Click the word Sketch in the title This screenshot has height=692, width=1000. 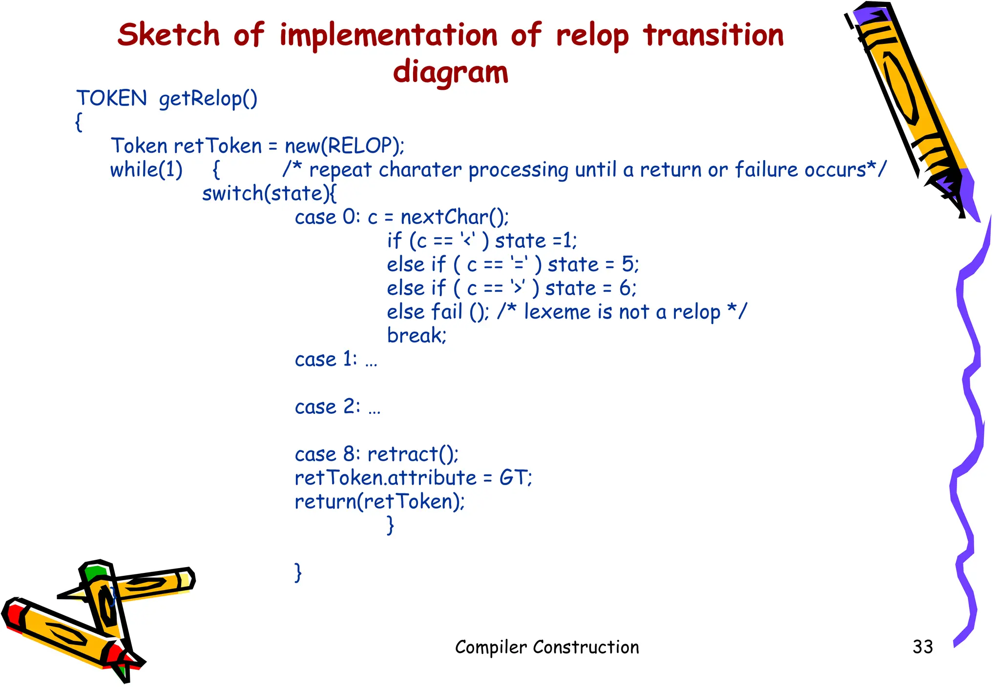coord(168,35)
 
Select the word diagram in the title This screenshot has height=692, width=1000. coord(450,72)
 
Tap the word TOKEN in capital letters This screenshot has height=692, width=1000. coord(111,98)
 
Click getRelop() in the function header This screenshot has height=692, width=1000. coord(208,99)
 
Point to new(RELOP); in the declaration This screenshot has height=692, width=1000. coord(344,145)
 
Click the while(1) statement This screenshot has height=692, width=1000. coord(146,170)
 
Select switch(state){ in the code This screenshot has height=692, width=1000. coord(269,193)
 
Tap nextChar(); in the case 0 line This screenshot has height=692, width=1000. coord(455,217)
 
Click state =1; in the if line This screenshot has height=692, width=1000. coord(536,241)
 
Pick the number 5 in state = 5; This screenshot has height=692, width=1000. coord(628,265)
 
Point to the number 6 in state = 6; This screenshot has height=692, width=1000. coord(625,288)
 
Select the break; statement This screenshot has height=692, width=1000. coord(417,335)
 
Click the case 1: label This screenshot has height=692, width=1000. coord(326,359)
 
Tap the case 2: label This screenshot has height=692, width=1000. coord(327,407)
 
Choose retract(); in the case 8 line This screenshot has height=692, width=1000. coord(413,454)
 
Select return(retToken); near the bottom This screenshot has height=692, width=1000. coord(379,502)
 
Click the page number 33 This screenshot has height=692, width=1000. coord(922,647)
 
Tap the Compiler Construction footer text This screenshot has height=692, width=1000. coord(546,647)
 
